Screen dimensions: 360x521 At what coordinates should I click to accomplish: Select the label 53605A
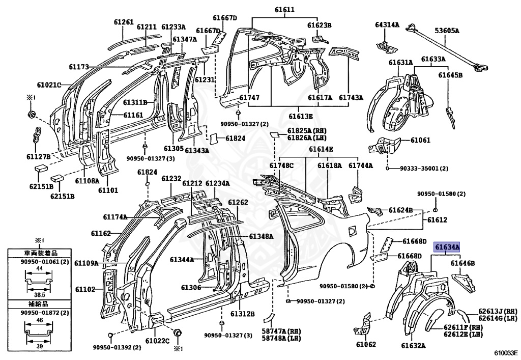click(x=446, y=31)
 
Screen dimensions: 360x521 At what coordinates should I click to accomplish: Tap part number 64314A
click(x=387, y=24)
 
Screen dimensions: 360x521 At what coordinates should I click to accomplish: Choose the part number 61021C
click(x=49, y=85)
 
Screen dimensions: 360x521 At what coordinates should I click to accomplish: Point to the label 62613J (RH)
click(x=498, y=312)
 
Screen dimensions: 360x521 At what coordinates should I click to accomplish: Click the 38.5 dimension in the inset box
click(x=39, y=295)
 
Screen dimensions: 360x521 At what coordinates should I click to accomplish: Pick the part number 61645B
click(x=450, y=75)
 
